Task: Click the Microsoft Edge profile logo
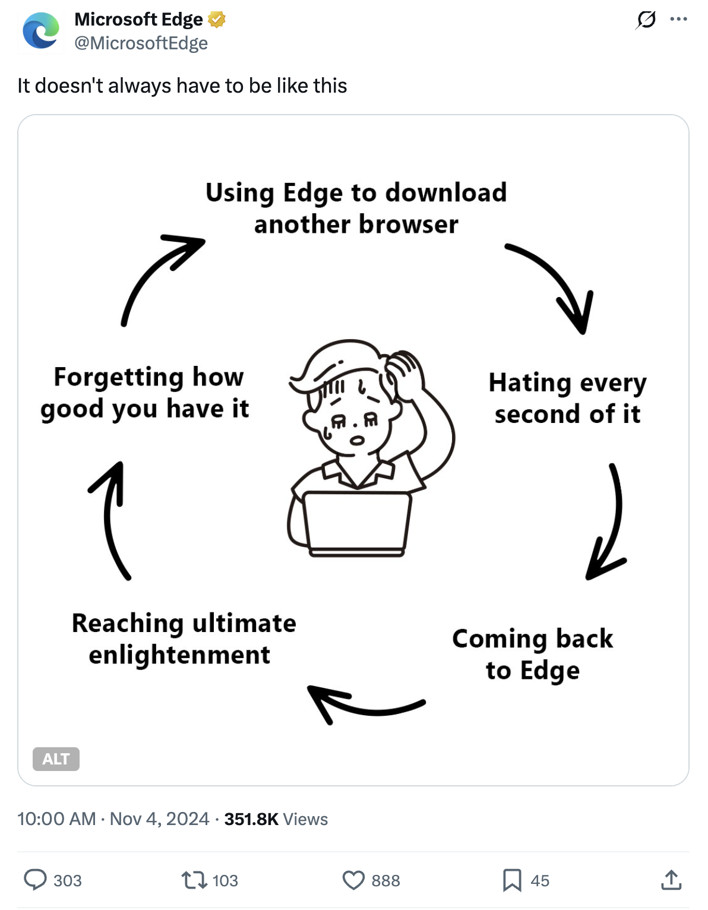(41, 31)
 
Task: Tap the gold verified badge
(217, 20)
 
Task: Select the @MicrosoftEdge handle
(141, 43)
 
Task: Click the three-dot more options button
(678, 20)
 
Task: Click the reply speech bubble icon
(35, 880)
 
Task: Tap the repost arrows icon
(194, 880)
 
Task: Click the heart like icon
(353, 880)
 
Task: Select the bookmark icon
(511, 880)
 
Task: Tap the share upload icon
(671, 880)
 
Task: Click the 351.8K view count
(251, 819)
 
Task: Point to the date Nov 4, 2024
(159, 819)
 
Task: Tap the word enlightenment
(179, 655)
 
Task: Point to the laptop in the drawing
(356, 523)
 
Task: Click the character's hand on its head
(404, 365)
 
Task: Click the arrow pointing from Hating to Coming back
(609, 523)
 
